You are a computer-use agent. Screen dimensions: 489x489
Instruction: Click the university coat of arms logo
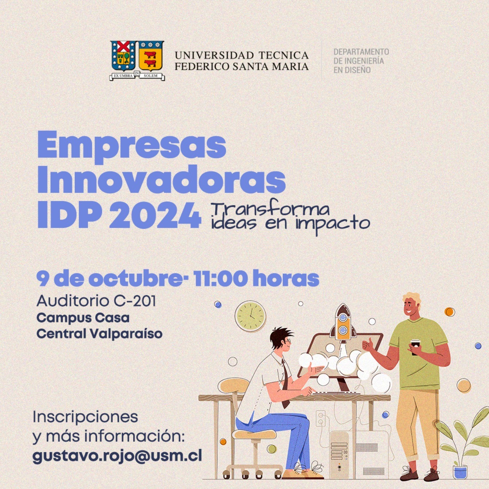point(137,60)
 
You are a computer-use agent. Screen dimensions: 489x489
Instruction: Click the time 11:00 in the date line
point(220,279)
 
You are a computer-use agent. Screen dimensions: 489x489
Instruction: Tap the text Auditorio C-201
point(96,301)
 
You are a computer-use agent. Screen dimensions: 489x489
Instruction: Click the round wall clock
point(250,316)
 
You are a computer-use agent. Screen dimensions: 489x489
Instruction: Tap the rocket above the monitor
point(343,322)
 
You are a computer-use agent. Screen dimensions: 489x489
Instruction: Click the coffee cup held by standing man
point(415,347)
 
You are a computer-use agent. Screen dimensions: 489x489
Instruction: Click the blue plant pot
point(460,472)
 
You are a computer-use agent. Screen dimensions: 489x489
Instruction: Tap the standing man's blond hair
point(412,298)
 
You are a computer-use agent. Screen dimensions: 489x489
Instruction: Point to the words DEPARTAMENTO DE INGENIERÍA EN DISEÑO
point(361,61)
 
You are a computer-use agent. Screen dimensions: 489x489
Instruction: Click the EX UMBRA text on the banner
point(123,76)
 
